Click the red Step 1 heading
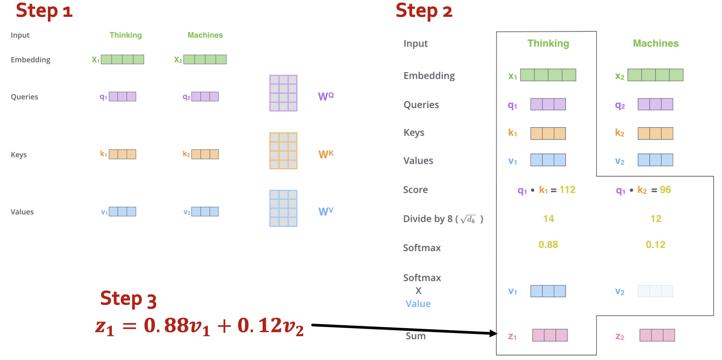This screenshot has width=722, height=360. pyautogui.click(x=44, y=11)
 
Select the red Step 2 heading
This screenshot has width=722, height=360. pyautogui.click(x=424, y=11)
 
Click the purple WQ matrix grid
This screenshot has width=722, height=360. pyautogui.click(x=283, y=93)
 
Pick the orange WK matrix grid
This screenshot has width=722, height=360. pyautogui.click(x=283, y=151)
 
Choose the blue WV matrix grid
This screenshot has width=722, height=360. pyautogui.click(x=283, y=208)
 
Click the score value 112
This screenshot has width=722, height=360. pyautogui.click(x=567, y=190)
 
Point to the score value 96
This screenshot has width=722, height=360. pyautogui.click(x=665, y=190)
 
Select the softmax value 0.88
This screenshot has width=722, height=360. pyautogui.click(x=548, y=244)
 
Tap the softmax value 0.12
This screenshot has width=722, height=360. pyautogui.click(x=655, y=244)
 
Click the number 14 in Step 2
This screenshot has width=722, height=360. pyautogui.click(x=548, y=218)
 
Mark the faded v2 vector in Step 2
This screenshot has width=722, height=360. pyautogui.click(x=655, y=291)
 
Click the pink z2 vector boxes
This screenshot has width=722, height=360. pyautogui.click(x=657, y=335)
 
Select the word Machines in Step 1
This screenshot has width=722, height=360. pyautogui.click(x=205, y=35)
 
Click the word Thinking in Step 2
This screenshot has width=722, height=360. pyautogui.click(x=548, y=43)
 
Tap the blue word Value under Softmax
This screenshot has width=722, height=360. pyautogui.click(x=418, y=304)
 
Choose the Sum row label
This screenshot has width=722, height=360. pyautogui.click(x=415, y=336)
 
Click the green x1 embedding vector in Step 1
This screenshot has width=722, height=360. pyautogui.click(x=122, y=59)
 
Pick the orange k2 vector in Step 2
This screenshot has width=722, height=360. pyautogui.click(x=655, y=134)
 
